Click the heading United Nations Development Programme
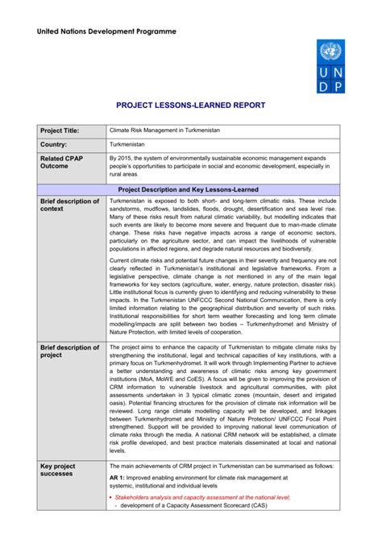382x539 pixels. [x=110, y=32]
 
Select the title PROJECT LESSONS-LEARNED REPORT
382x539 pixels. [x=190, y=106]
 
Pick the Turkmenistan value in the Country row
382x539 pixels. [x=129, y=144]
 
